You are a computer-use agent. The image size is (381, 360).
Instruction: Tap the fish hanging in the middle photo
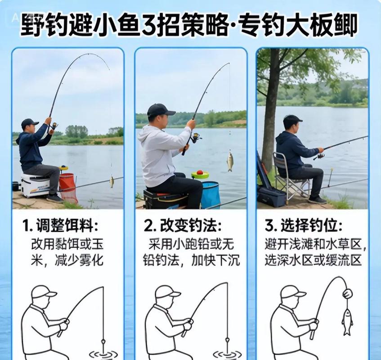pyautogui.click(x=230, y=161)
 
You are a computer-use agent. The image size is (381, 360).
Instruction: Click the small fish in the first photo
pyautogui.click(x=112, y=181)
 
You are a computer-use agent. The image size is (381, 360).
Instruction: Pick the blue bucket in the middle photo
pyautogui.click(x=210, y=194)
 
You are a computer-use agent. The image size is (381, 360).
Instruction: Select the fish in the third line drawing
pyautogui.click(x=347, y=320)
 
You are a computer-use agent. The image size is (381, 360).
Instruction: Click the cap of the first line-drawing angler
pyautogui.click(x=44, y=292)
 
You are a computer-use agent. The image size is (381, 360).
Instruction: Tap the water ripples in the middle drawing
pyautogui.click(x=227, y=354)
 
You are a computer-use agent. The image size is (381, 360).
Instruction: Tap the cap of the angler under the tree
pyautogui.click(x=292, y=120)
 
